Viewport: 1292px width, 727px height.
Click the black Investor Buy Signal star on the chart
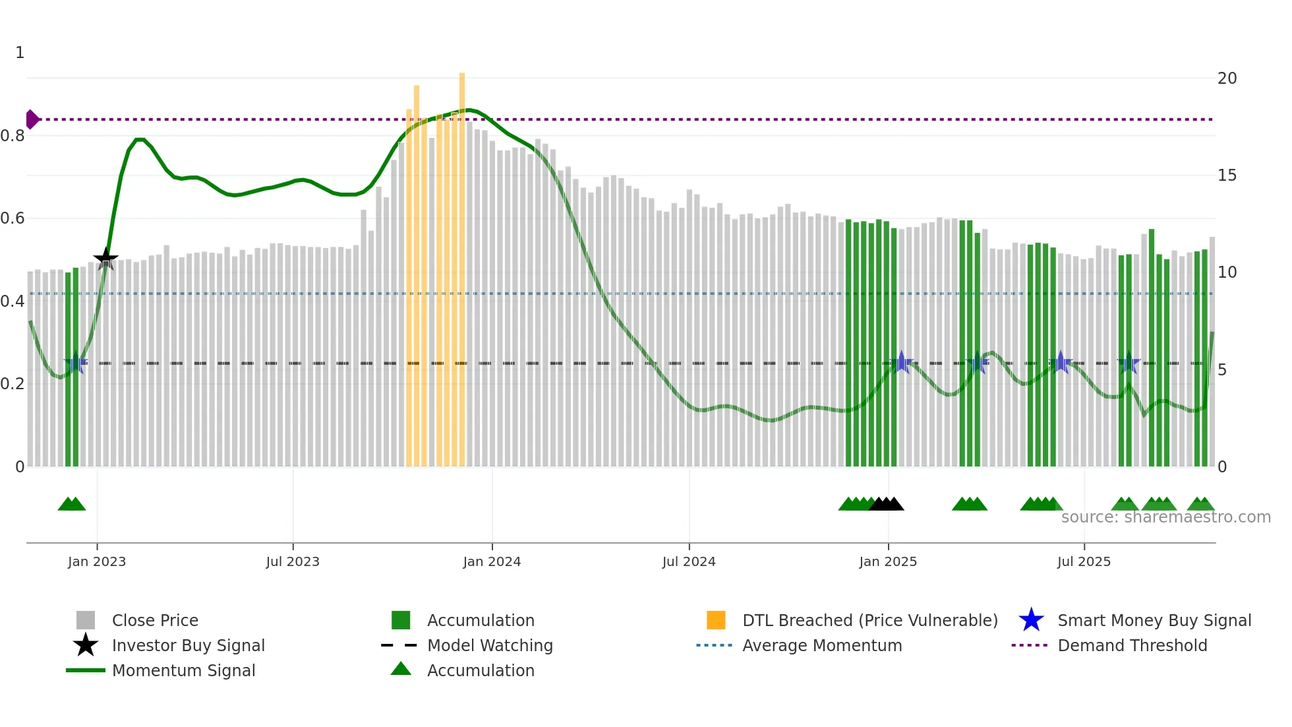(x=105, y=259)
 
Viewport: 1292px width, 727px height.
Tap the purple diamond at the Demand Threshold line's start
(x=32, y=119)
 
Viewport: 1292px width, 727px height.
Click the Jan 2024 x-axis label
(x=492, y=561)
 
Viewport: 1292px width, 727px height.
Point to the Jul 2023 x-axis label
(x=293, y=561)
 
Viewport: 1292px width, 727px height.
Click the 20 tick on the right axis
(x=1227, y=79)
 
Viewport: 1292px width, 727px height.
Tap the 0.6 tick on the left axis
(x=13, y=218)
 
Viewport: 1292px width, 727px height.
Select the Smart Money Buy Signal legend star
(x=1031, y=620)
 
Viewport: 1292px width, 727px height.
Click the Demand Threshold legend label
(x=1132, y=645)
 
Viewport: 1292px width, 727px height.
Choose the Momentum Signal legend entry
(x=183, y=670)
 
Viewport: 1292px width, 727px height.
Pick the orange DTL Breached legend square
(x=716, y=620)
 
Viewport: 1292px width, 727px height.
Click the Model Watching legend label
(x=490, y=645)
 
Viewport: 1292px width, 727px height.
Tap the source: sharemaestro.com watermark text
(x=1165, y=517)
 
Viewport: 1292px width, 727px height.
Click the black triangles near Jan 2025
(x=887, y=505)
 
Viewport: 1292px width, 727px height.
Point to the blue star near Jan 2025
(x=902, y=362)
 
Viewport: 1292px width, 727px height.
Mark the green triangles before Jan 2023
(x=72, y=505)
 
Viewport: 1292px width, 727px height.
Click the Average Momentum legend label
(x=822, y=645)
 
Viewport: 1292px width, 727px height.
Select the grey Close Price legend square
(x=86, y=620)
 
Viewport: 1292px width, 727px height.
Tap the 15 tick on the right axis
(x=1227, y=175)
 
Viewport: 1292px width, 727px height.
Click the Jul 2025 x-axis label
(x=1084, y=561)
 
